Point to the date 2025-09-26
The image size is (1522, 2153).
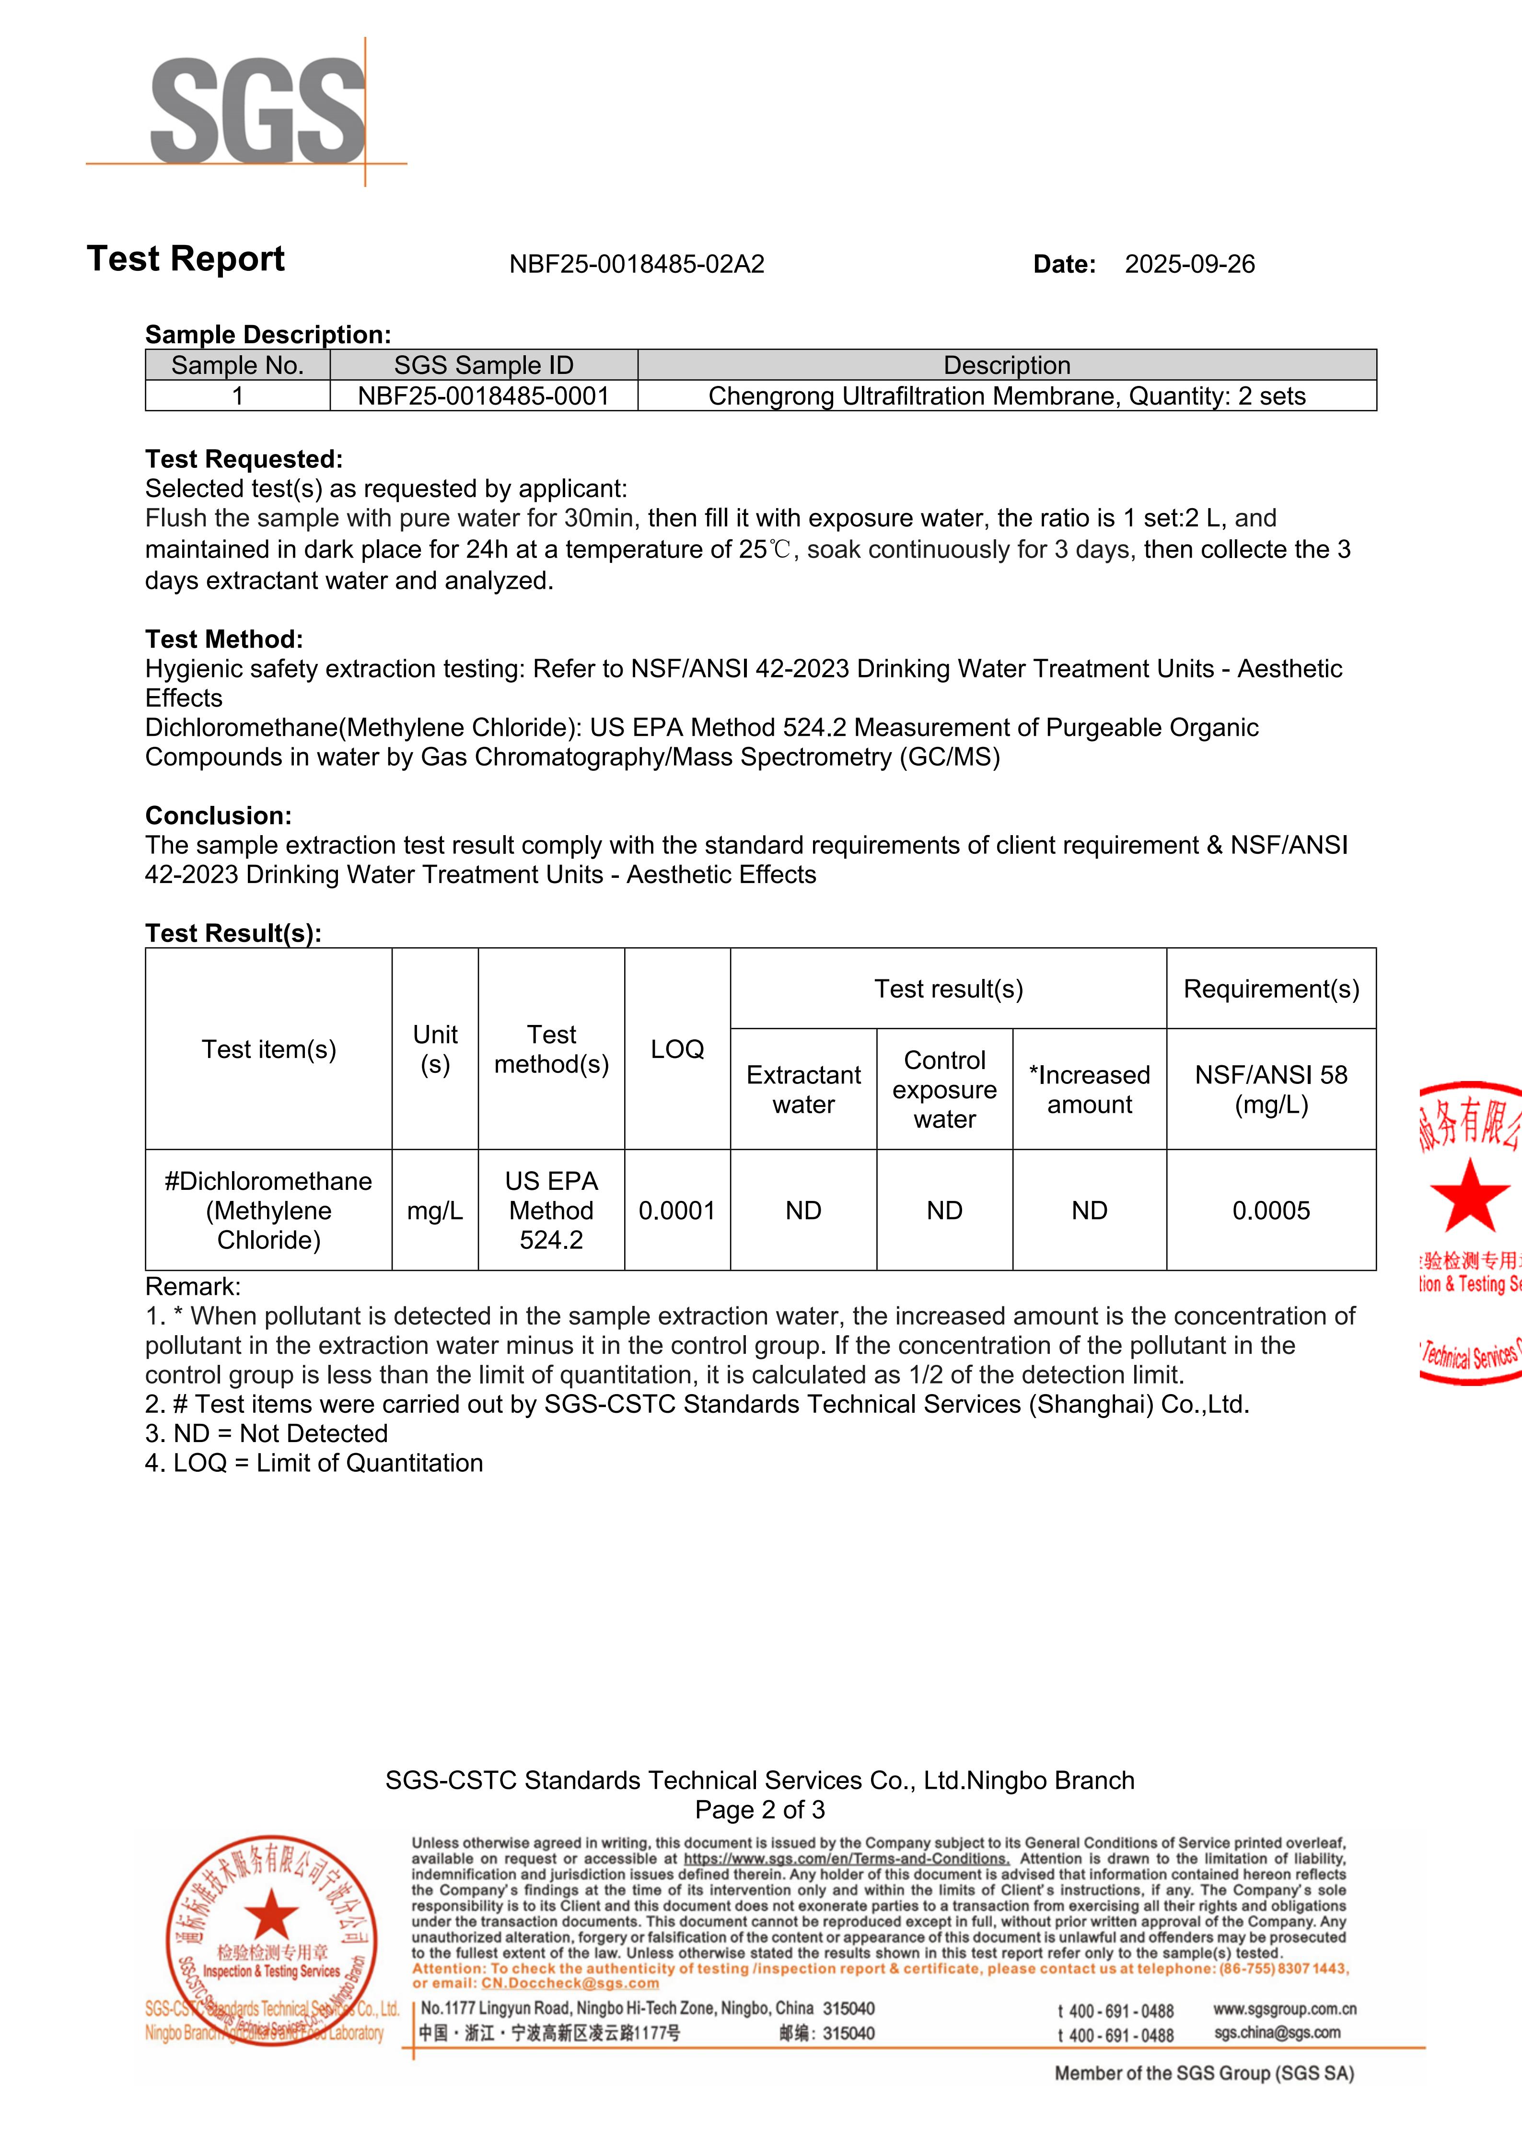coord(1189,265)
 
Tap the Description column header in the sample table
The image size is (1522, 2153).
coord(1006,365)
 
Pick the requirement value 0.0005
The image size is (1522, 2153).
coord(1271,1210)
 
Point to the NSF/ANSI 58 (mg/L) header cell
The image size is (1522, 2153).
coord(1271,1090)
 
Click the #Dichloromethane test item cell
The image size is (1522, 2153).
coord(268,1210)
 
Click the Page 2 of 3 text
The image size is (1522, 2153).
coord(760,1810)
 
